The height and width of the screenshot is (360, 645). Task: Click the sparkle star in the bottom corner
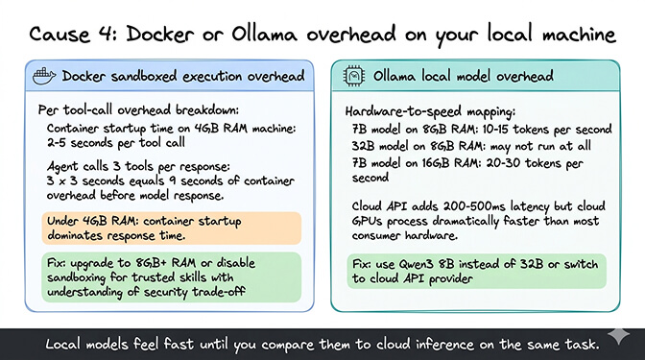[625, 341]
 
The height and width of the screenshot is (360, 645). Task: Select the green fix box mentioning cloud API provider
[481, 269]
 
